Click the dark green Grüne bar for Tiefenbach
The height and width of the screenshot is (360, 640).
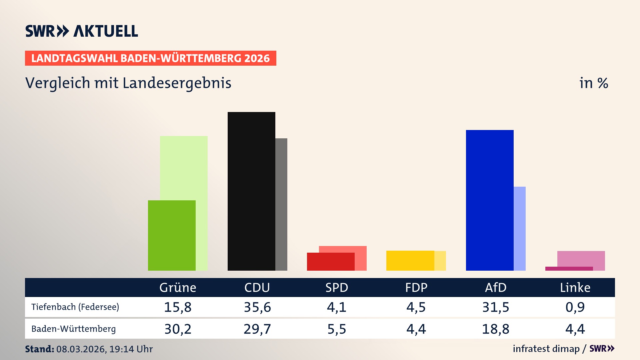tap(172, 235)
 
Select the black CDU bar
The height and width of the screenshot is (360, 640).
tap(251, 191)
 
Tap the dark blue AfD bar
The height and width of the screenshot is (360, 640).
tap(490, 200)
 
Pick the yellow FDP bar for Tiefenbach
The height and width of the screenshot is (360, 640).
tap(410, 260)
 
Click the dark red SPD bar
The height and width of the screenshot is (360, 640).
tap(331, 262)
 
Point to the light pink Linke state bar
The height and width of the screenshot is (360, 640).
tap(581, 258)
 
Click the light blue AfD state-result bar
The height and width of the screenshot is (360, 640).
tap(520, 228)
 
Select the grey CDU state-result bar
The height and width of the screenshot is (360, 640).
tap(281, 204)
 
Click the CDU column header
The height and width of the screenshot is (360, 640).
tap(257, 287)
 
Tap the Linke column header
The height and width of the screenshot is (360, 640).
tap(575, 287)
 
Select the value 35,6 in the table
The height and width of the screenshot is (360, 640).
tap(257, 307)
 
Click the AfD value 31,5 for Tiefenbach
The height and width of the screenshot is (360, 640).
tap(496, 307)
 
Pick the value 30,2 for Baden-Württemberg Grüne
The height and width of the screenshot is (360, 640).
tap(178, 329)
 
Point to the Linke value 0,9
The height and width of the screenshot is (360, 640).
tap(575, 307)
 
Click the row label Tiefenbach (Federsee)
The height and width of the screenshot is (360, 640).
tap(75, 307)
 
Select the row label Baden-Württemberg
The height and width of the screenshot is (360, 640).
tap(73, 329)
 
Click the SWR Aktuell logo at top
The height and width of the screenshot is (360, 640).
tap(82, 31)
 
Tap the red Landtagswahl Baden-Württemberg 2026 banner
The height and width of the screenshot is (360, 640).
tap(150, 58)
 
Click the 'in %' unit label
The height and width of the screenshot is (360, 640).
tap(593, 83)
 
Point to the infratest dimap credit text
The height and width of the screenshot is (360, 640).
tap(546, 349)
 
